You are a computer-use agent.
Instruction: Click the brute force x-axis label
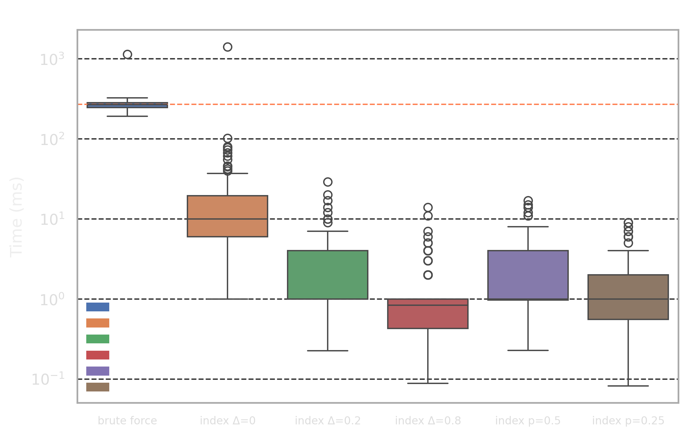[127, 420]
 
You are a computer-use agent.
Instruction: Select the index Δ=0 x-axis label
[228, 420]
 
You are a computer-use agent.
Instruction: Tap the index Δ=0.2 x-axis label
[328, 420]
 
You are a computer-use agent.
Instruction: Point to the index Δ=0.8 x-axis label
[428, 420]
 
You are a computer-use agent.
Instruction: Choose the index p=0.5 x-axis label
[528, 420]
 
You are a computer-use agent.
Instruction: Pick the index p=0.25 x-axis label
[628, 420]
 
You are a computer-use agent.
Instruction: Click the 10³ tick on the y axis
[52, 59]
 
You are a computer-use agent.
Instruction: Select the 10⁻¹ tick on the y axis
[48, 379]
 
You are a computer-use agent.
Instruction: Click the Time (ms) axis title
[16, 217]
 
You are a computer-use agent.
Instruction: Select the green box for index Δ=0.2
[328, 275]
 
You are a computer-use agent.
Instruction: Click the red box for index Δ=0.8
[428, 317]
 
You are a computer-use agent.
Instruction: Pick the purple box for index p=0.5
[528, 275]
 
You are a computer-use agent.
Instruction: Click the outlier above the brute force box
[127, 54]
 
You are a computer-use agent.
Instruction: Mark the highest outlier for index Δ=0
[228, 47]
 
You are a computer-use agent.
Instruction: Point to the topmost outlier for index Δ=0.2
[328, 182]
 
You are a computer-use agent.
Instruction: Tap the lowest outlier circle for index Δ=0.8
[428, 275]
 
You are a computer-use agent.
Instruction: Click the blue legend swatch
[98, 307]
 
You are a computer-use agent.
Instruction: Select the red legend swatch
[98, 355]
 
